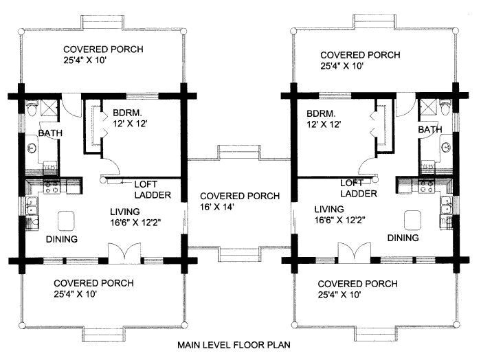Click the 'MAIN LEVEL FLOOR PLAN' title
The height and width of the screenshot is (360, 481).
pyautogui.click(x=234, y=345)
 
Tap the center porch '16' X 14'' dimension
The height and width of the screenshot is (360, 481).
pyautogui.click(x=218, y=207)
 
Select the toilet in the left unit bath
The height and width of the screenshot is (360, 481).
pyautogui.click(x=32, y=108)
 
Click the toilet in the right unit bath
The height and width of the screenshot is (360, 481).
pyautogui.click(x=445, y=108)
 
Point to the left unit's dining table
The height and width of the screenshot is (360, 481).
pyautogui.click(x=66, y=221)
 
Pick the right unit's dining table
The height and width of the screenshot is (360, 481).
pyautogui.click(x=412, y=220)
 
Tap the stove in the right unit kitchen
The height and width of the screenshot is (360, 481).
pyautogui.click(x=427, y=186)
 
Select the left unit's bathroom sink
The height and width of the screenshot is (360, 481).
pyautogui.click(x=32, y=148)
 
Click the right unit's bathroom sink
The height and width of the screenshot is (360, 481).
pyautogui.click(x=447, y=148)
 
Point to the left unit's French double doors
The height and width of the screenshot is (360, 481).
pyautogui.click(x=124, y=254)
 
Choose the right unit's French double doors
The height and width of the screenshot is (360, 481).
pyautogui.click(x=355, y=253)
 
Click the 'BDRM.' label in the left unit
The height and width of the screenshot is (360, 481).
pyautogui.click(x=127, y=113)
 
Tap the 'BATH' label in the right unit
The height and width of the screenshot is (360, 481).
pyautogui.click(x=429, y=130)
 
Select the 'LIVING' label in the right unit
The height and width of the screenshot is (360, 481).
pyautogui.click(x=329, y=210)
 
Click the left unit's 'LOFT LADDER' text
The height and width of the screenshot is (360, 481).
pyautogui.click(x=153, y=190)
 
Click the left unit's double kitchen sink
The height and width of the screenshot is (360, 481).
pyautogui.click(x=32, y=205)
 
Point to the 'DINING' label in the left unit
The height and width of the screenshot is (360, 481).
pyautogui.click(x=62, y=239)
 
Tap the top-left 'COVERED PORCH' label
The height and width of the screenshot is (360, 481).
pyautogui.click(x=103, y=49)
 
